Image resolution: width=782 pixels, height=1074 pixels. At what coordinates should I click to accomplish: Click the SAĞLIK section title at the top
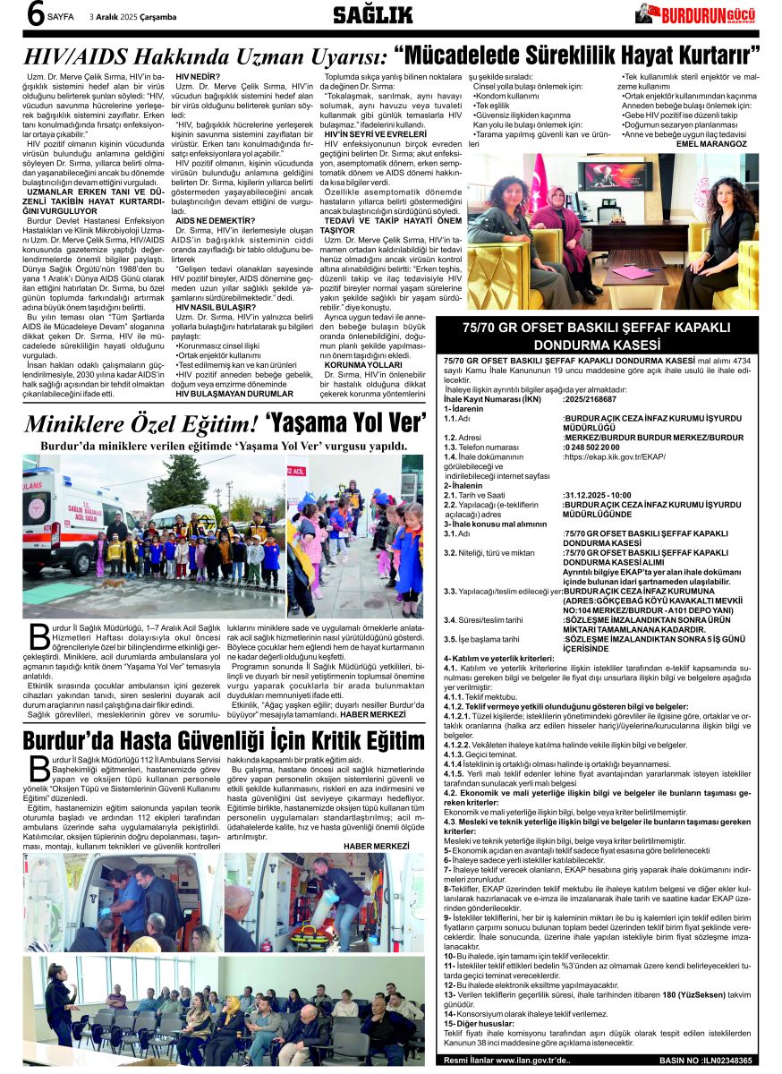(x=372, y=14)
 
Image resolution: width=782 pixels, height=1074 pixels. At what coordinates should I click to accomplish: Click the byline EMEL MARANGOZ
(x=711, y=143)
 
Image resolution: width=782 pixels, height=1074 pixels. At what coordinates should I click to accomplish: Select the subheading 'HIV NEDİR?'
(x=199, y=78)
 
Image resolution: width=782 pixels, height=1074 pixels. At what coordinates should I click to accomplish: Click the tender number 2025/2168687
(x=591, y=399)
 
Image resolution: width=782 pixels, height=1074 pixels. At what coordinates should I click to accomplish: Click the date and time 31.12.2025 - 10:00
(x=599, y=494)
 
